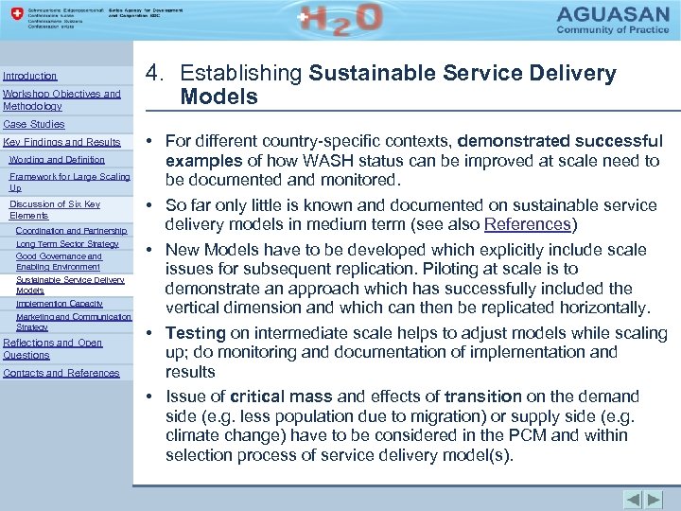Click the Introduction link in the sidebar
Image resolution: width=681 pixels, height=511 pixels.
(x=30, y=76)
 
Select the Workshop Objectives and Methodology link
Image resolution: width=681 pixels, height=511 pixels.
(x=61, y=100)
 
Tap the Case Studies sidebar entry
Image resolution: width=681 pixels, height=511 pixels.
(x=34, y=124)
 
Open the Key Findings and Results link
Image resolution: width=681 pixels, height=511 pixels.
(x=62, y=142)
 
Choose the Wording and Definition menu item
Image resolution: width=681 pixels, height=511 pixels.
(x=57, y=160)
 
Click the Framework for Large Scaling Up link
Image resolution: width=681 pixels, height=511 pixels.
(x=69, y=182)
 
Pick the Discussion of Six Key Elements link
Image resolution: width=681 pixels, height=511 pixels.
(x=54, y=209)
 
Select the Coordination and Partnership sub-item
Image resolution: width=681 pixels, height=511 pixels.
(x=71, y=230)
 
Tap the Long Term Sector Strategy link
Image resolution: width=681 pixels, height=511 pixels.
(x=67, y=243)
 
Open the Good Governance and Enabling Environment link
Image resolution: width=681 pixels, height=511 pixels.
(x=59, y=261)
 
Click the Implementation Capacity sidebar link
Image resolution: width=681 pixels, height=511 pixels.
(x=60, y=303)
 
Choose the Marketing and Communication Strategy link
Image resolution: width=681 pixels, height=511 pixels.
(x=73, y=321)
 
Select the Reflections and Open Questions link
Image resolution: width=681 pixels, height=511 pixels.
(x=52, y=348)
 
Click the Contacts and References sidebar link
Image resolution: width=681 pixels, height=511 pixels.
(x=61, y=373)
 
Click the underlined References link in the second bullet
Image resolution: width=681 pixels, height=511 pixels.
(x=527, y=224)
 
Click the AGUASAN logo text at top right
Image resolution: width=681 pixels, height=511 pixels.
(x=610, y=16)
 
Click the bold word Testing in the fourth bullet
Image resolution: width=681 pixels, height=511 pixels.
(x=196, y=333)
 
